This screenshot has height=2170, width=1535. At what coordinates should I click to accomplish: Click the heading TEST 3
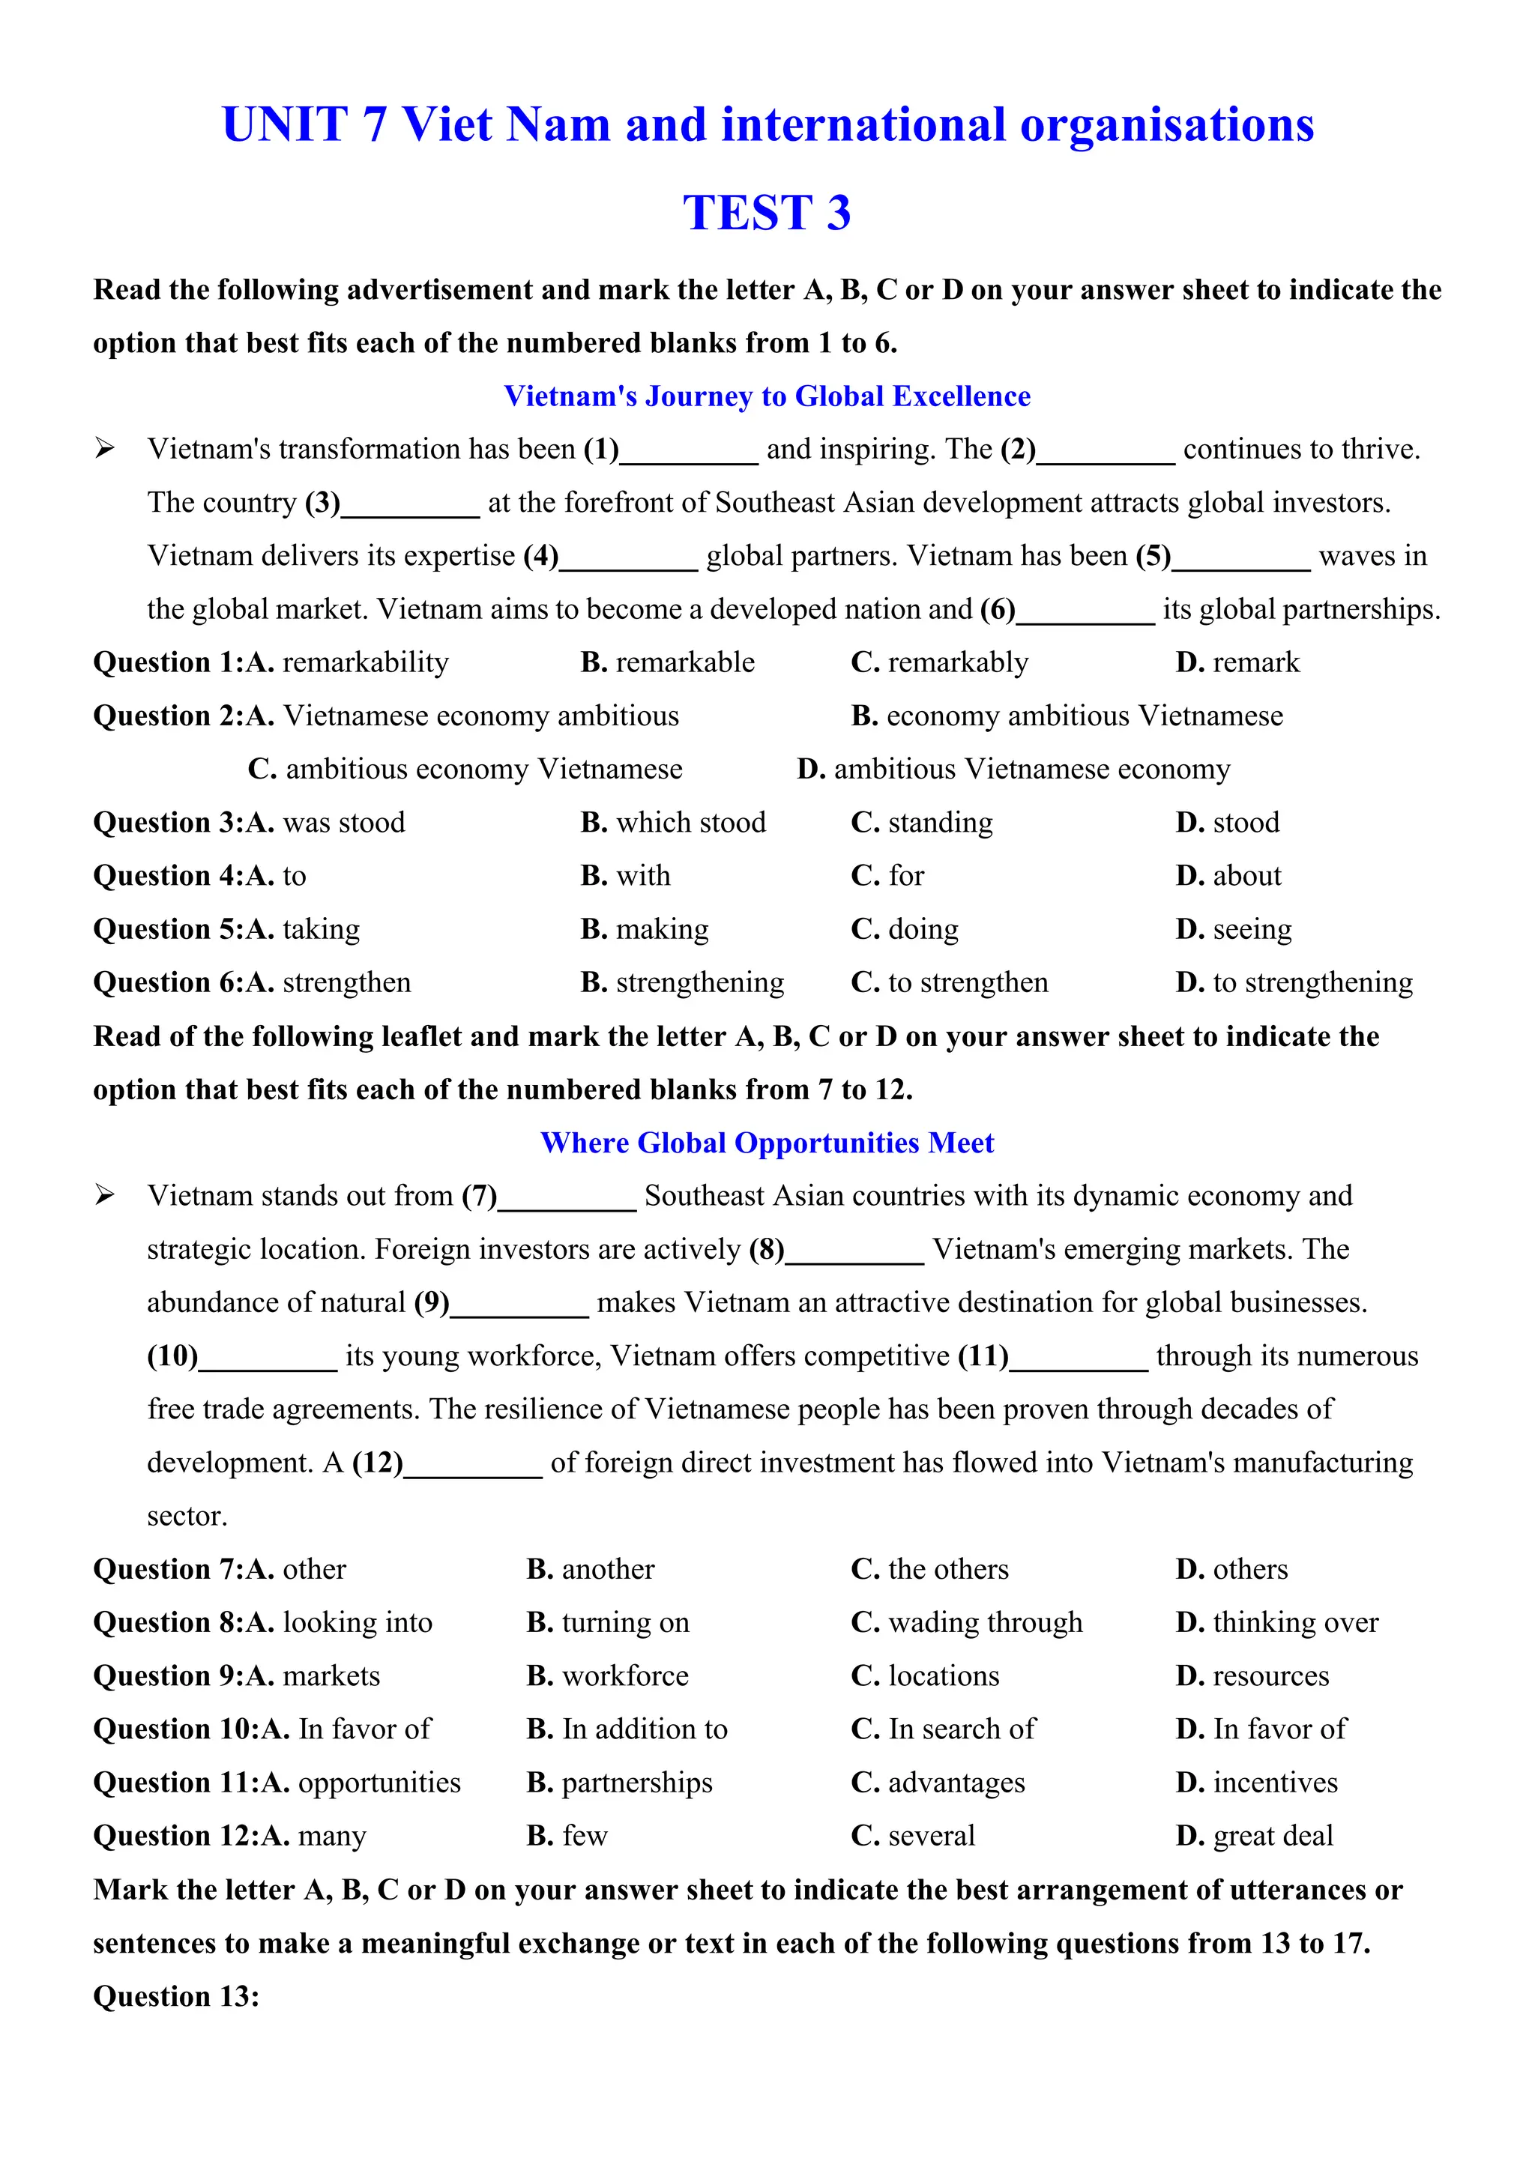[x=767, y=213]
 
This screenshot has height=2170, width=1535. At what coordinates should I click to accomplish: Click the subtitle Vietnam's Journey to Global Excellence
[x=767, y=396]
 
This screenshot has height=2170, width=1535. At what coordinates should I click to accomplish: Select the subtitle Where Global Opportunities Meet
[x=767, y=1143]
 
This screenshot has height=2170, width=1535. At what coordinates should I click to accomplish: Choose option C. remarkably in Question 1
[x=940, y=662]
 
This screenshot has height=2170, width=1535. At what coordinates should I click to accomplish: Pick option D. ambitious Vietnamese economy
[x=1013, y=770]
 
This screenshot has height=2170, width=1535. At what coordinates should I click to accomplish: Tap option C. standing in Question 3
[x=922, y=822]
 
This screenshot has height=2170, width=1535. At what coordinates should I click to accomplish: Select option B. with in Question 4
[x=625, y=876]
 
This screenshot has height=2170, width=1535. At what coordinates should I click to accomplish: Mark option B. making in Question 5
[x=644, y=929]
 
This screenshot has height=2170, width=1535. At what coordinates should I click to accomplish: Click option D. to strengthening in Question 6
[x=1294, y=983]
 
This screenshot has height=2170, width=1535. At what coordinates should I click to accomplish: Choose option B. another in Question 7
[x=590, y=1569]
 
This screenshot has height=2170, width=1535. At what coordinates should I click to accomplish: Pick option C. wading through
[x=966, y=1623]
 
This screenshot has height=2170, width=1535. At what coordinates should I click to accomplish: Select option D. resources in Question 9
[x=1252, y=1675]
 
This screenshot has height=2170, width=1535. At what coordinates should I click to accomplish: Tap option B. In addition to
[x=627, y=1729]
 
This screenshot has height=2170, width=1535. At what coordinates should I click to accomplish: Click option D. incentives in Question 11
[x=1256, y=1783]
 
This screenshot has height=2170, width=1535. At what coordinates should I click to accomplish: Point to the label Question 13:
[x=176, y=1996]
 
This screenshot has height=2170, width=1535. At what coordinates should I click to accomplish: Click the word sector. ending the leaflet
[x=187, y=1516]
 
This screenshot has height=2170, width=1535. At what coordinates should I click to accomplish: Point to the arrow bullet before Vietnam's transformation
[x=104, y=449]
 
